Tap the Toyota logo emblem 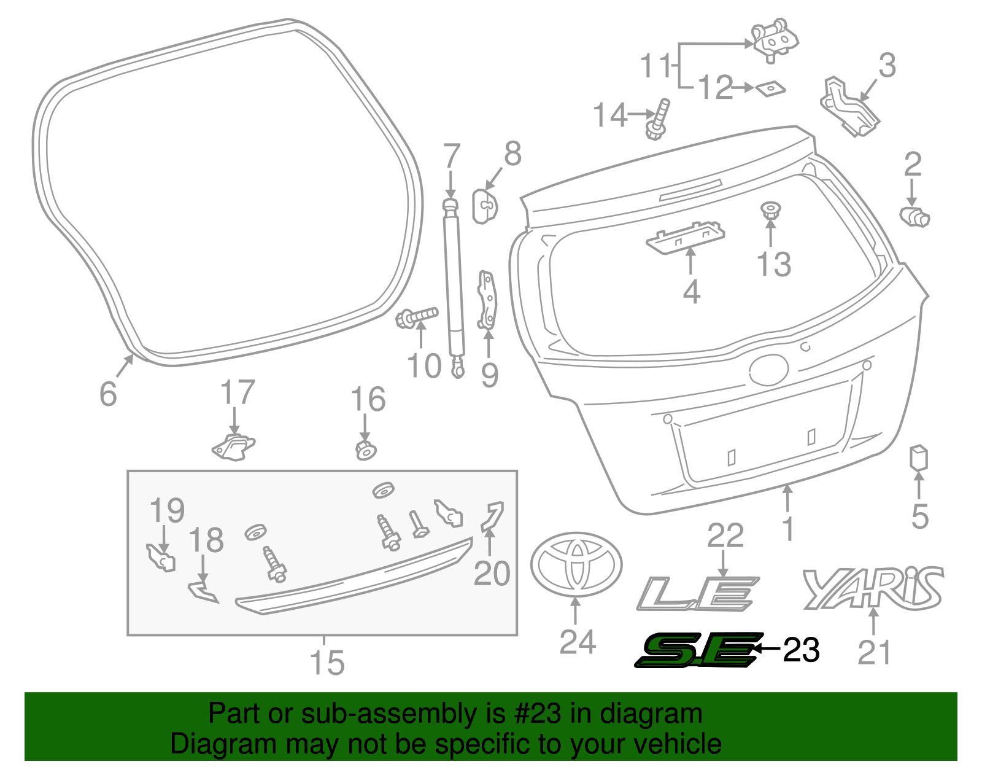click(576, 564)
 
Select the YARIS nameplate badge click(872, 589)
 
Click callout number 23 click(801, 650)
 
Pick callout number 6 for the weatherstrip click(108, 394)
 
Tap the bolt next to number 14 click(658, 119)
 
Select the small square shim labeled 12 click(770, 88)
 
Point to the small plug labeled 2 click(914, 216)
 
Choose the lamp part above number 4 click(685, 236)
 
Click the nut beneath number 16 click(366, 450)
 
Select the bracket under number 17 click(234, 446)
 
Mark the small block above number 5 click(918, 458)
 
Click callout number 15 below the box click(327, 663)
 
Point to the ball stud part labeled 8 click(485, 205)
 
